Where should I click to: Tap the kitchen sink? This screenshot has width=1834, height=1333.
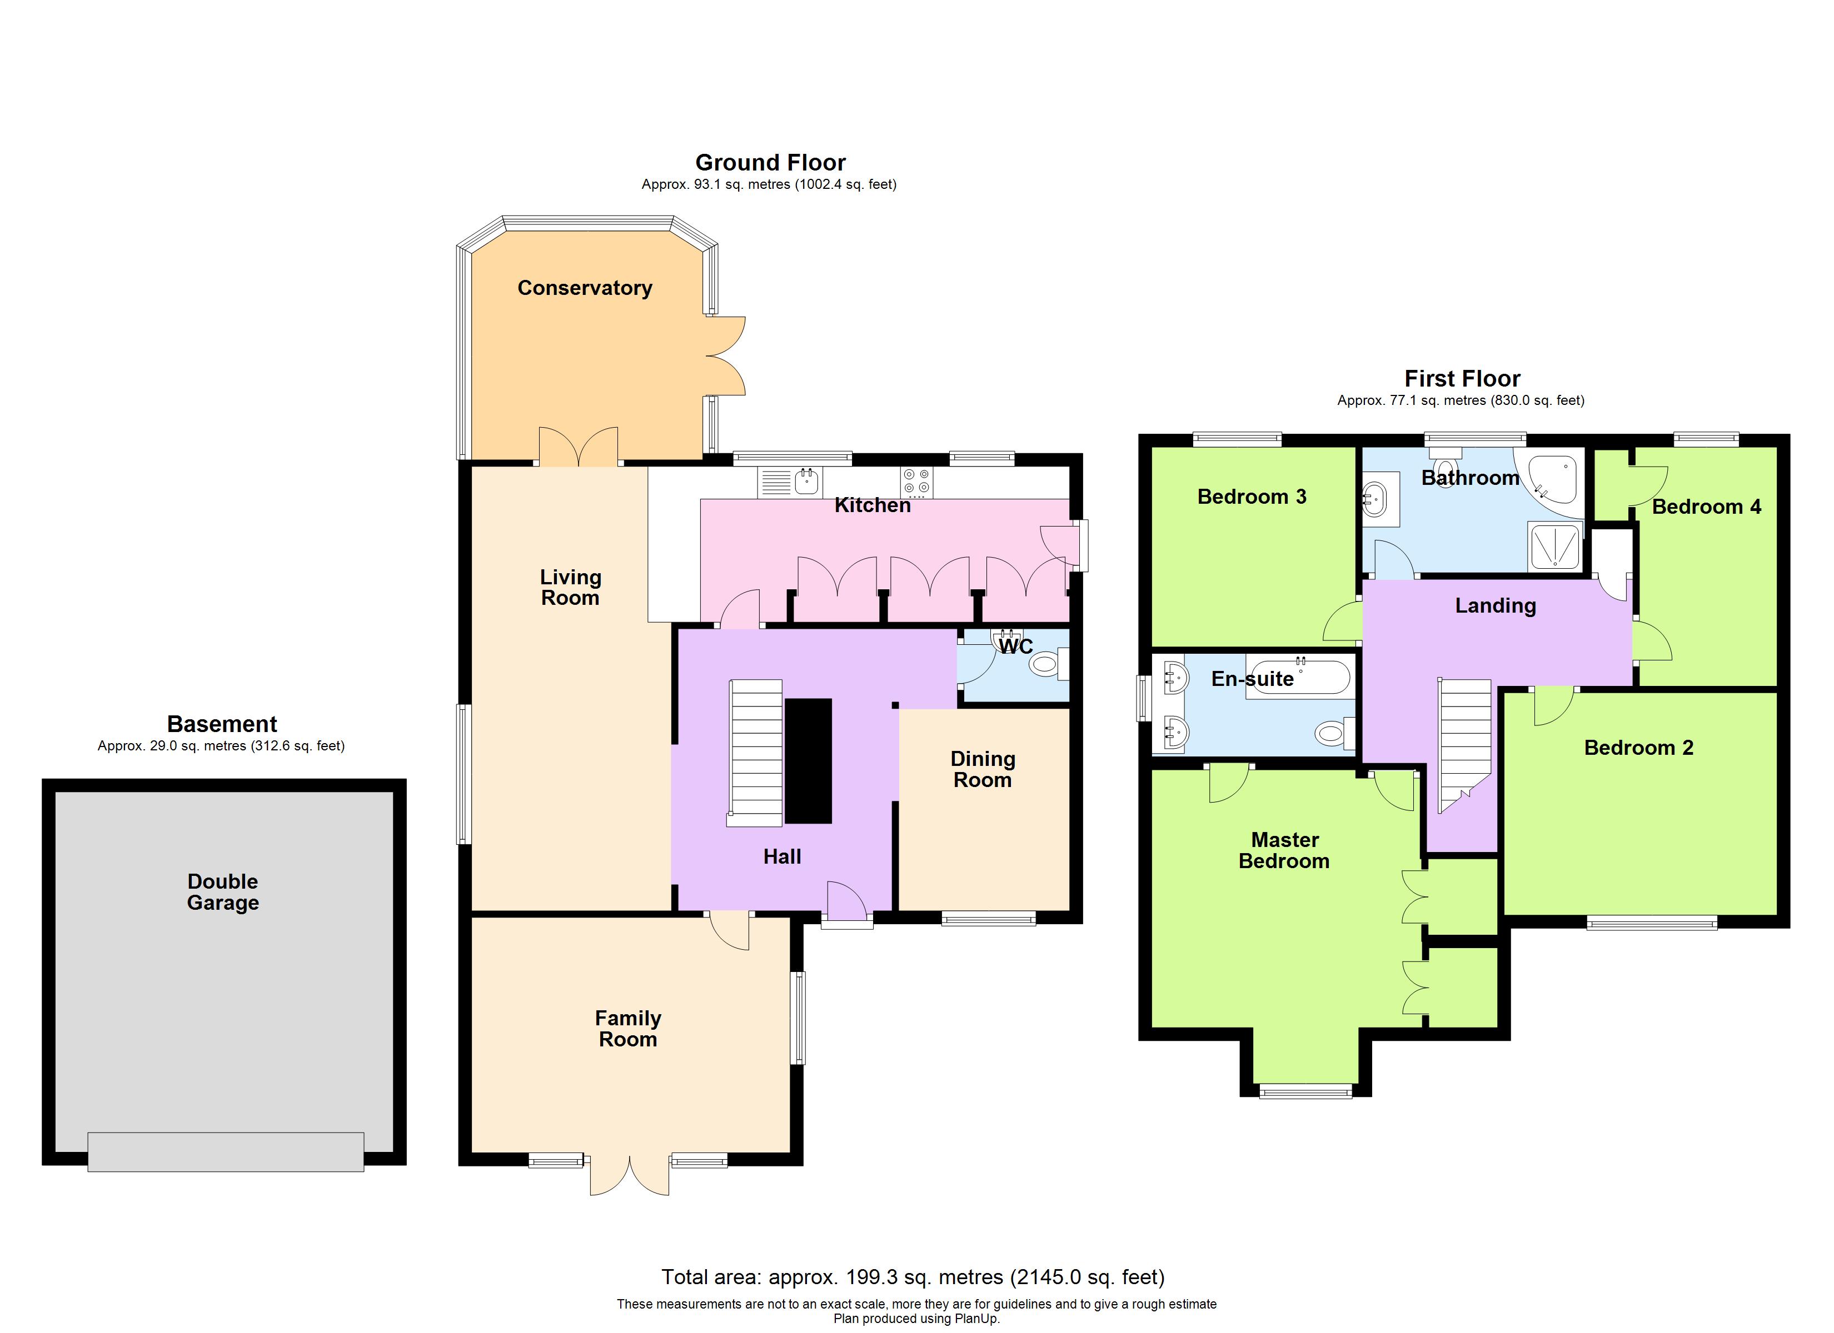click(806, 482)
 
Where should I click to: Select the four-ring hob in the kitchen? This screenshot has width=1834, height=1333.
click(916, 482)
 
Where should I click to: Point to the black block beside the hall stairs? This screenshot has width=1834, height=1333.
click(808, 761)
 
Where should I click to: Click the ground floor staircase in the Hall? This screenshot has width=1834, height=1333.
click(756, 752)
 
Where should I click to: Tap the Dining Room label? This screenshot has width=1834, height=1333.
click(983, 769)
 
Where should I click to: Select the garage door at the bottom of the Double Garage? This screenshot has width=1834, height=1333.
click(226, 1151)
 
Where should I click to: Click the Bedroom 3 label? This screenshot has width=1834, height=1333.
click(1251, 497)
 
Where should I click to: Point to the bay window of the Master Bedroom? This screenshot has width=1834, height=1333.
click(1305, 1091)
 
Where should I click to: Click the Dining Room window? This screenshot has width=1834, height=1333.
click(988, 918)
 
